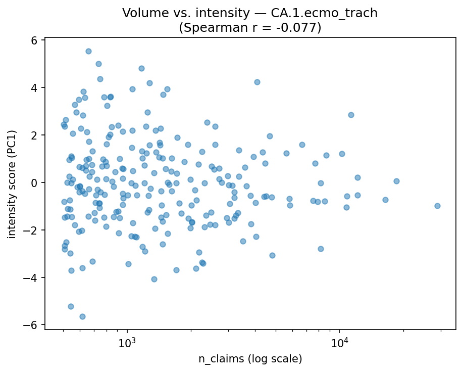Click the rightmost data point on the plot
[x=437, y=206]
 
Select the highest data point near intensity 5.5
[x=88, y=51]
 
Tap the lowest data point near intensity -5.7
[x=82, y=316]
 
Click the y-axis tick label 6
[x=35, y=40]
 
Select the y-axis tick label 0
[x=35, y=182]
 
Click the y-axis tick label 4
[x=35, y=88]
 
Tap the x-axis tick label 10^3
[x=127, y=343]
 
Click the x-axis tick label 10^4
[x=339, y=343]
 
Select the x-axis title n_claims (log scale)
[x=250, y=359]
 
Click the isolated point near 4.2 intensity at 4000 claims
[x=257, y=82]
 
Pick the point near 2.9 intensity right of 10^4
[x=351, y=115]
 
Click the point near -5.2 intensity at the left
[x=71, y=306]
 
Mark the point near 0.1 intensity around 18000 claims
[x=396, y=181]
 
